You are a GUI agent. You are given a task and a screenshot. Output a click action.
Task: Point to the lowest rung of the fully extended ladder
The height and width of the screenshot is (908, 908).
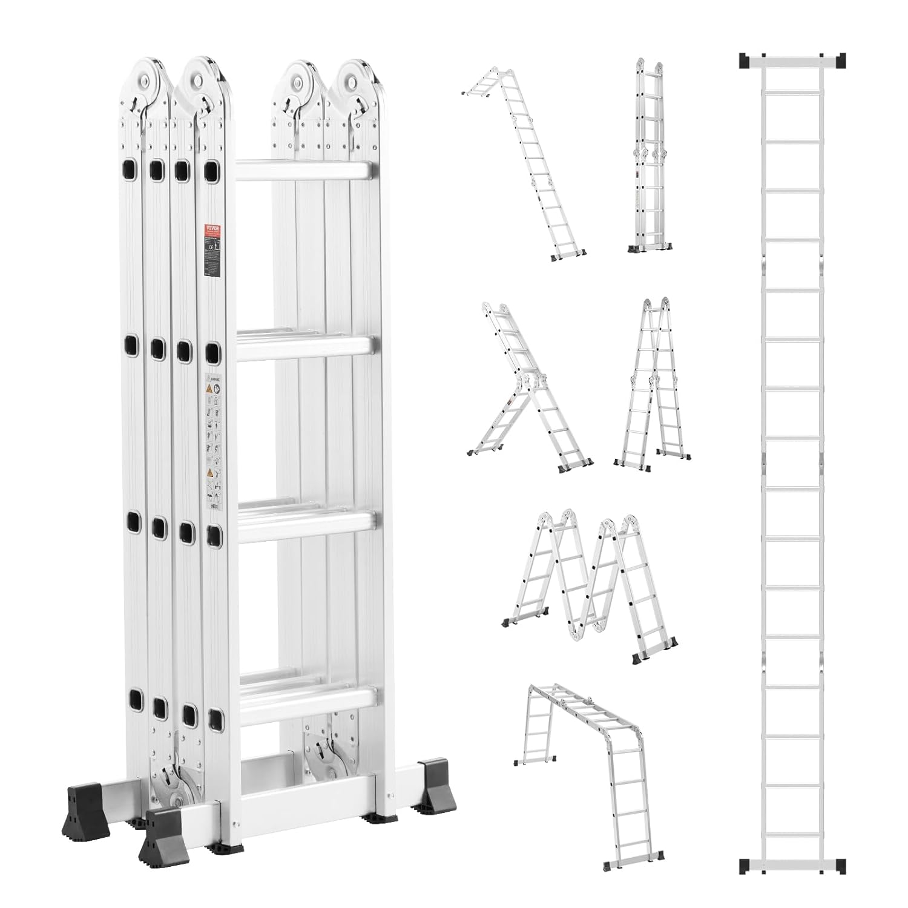click(793, 835)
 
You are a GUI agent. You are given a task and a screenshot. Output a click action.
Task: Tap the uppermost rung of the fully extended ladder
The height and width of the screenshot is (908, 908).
click(793, 91)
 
